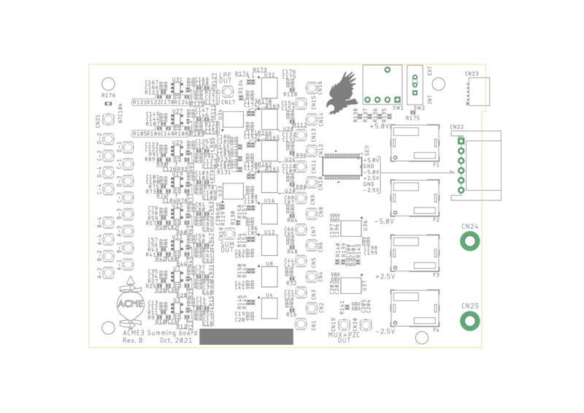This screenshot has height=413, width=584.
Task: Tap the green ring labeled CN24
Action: [x=469, y=240]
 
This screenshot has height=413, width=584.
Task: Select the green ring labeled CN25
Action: [x=469, y=320]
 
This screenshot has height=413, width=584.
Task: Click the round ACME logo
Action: [x=131, y=304]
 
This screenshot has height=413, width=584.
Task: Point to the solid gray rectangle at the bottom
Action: [x=246, y=336]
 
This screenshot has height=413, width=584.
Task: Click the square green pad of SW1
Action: [x=396, y=99]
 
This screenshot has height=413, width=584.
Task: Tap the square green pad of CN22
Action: [x=461, y=140]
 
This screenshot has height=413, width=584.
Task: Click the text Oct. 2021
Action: [x=176, y=341]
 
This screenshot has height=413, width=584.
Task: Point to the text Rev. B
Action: [x=132, y=341]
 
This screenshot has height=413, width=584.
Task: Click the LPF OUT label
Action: [x=226, y=77]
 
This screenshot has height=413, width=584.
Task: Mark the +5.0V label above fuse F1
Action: [x=380, y=126]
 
